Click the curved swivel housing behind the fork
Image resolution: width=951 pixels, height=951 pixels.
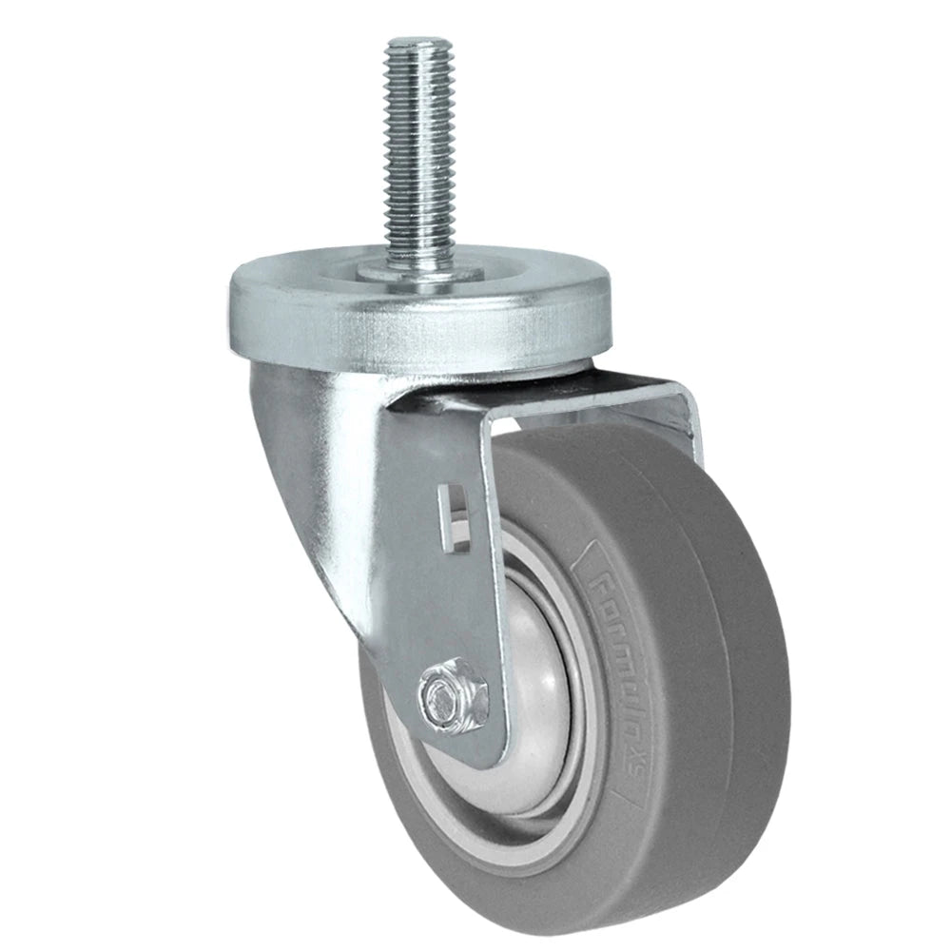304,495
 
